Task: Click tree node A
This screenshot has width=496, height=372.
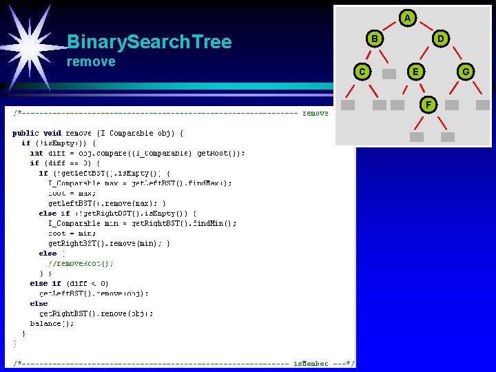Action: click(x=408, y=17)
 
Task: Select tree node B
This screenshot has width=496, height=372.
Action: click(x=375, y=39)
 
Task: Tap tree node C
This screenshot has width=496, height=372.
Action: click(x=361, y=71)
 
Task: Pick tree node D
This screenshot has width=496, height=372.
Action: click(x=441, y=39)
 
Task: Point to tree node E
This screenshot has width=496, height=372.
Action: click(x=414, y=71)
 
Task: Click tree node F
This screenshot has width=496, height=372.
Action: click(x=428, y=105)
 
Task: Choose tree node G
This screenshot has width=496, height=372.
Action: click(x=466, y=71)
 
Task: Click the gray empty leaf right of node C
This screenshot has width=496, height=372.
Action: click(x=389, y=73)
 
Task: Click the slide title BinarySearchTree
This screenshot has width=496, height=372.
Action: click(x=149, y=43)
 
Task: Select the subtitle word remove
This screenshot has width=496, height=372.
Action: click(x=91, y=62)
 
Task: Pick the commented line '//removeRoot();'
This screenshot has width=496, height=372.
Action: click(x=81, y=263)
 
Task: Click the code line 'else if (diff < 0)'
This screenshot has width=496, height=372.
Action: click(x=69, y=283)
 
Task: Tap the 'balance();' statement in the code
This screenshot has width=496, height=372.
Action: click(x=53, y=323)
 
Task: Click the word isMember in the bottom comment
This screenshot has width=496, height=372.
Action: click(x=311, y=363)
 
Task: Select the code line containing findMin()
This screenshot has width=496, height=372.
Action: click(x=142, y=223)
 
